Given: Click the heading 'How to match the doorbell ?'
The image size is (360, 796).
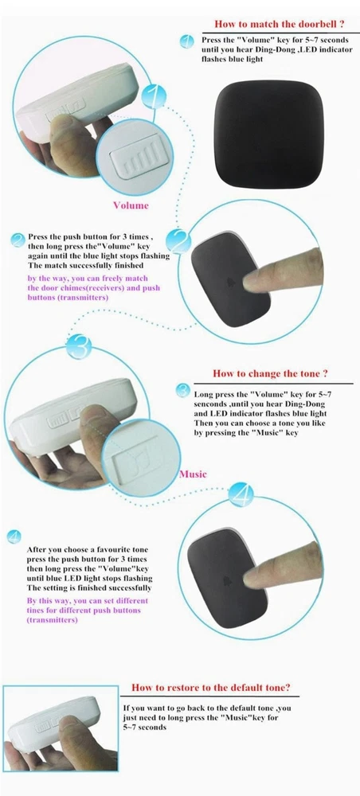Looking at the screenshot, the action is [x=280, y=24].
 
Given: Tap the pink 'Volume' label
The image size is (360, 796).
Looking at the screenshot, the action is [x=131, y=205].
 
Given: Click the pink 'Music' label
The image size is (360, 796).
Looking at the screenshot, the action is [x=193, y=474].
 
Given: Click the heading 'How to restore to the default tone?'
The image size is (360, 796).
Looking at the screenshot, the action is [x=211, y=688].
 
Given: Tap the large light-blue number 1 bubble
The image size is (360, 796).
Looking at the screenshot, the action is [x=155, y=96].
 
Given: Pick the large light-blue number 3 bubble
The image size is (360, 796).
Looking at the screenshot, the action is [x=79, y=347].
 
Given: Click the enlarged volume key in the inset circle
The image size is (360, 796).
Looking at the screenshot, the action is [x=135, y=162].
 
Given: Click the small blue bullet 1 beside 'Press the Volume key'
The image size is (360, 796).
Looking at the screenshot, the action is [x=187, y=41].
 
